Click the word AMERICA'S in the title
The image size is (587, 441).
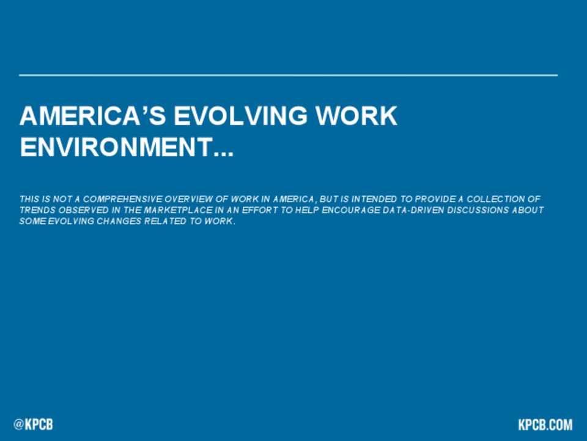(93, 116)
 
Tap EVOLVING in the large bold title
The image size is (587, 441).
(241, 116)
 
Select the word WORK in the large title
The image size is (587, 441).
(356, 116)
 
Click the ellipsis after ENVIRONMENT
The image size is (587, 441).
(224, 154)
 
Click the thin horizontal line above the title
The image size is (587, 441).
(288, 75)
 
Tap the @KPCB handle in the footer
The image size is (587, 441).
(33, 424)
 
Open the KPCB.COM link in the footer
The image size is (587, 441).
(545, 424)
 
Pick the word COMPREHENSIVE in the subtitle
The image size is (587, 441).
(123, 199)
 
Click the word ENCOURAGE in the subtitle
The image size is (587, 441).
(351, 210)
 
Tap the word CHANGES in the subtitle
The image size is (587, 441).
(119, 221)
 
